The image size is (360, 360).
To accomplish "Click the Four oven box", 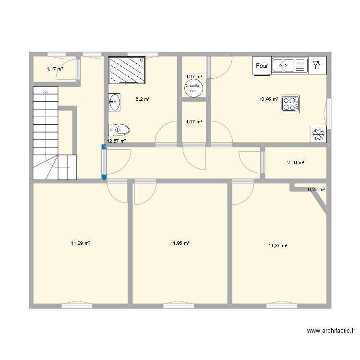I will pos(262,66).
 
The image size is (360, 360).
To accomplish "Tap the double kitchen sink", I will pos(289,65).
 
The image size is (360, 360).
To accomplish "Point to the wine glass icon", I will pos(317,65).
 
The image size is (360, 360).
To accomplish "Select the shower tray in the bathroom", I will pos(127,71).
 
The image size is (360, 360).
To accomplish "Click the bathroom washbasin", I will pos(114,102).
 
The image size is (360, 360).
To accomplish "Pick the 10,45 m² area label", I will pos(269,100).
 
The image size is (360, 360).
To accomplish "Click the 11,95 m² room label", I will pos(180,244).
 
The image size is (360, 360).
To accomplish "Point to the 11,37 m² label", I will pos(278,246).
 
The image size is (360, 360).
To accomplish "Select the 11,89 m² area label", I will pos(81,244).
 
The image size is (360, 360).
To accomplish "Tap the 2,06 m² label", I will pos(296,163).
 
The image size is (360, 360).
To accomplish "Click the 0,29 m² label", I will pos(316,190).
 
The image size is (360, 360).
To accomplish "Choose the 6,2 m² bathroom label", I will pos(142,99).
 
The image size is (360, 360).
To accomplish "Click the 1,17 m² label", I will pos(55,69).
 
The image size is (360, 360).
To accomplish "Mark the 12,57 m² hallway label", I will pos(116,141).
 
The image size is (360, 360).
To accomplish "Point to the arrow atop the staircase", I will pos(45,91).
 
